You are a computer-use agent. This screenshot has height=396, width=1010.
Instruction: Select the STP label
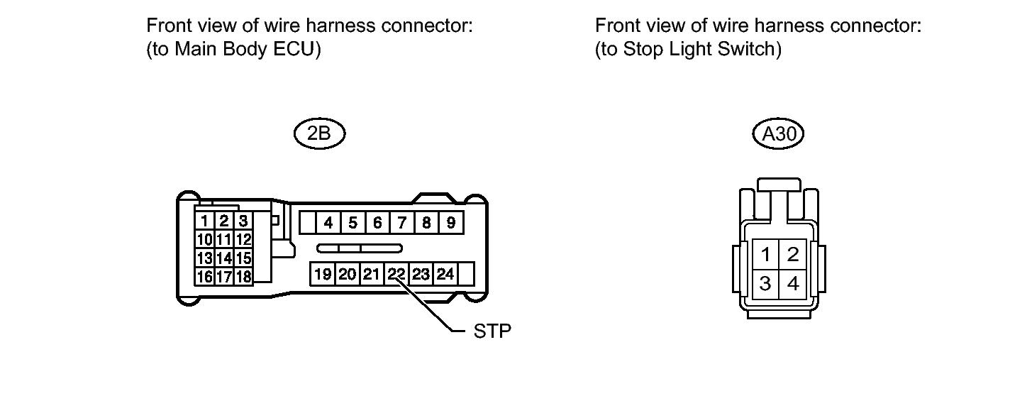click(x=492, y=331)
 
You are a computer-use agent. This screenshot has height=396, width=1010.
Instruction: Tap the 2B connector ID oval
click(x=319, y=135)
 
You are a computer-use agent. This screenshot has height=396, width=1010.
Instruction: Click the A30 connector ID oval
click(x=779, y=135)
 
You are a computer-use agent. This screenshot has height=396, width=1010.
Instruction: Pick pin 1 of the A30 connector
click(x=765, y=254)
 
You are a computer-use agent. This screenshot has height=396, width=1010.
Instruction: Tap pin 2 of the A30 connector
click(x=793, y=254)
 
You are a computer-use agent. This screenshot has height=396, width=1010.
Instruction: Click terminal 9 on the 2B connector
click(x=451, y=223)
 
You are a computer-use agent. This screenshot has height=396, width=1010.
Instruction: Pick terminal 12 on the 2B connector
click(x=243, y=239)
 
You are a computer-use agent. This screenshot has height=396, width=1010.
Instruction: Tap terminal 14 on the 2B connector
click(x=224, y=258)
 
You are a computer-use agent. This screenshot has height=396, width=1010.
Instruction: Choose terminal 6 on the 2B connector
click(x=377, y=223)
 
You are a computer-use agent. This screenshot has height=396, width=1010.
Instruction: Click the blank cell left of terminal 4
click(x=307, y=223)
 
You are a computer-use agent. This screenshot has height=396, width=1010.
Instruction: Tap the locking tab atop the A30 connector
click(x=779, y=186)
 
